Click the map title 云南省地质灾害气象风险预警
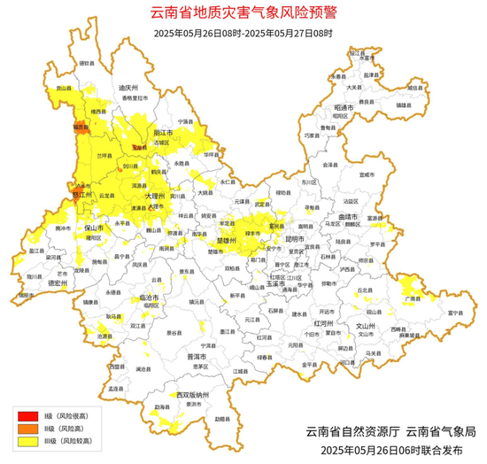click(x=244, y=13)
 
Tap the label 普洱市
click(x=197, y=356)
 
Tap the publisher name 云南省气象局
click(x=440, y=432)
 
